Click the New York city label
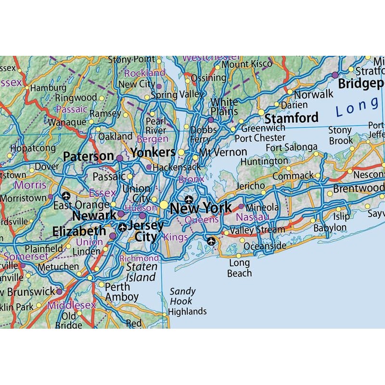(201, 208)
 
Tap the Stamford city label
(292, 118)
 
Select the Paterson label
(88, 156)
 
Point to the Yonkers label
(153, 153)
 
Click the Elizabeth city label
(79, 231)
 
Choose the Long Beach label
(239, 268)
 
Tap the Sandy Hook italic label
(182, 296)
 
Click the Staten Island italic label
(141, 272)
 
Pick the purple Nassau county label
(253, 218)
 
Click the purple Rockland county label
(145, 73)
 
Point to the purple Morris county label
(30, 185)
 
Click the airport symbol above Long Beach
(211, 241)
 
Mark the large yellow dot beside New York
(164, 205)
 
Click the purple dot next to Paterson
(120, 157)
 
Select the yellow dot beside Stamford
(261, 112)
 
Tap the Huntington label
(264, 162)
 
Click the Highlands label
(187, 311)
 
